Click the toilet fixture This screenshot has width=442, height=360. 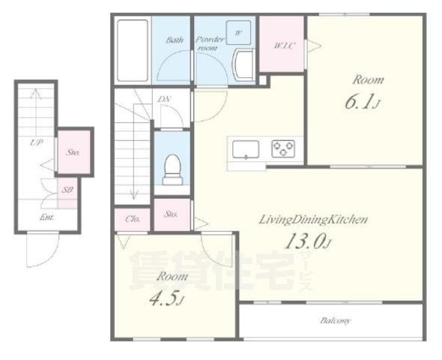click(x=172, y=169)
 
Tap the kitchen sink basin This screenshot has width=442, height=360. click(x=246, y=149)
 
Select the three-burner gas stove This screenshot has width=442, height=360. click(x=283, y=148)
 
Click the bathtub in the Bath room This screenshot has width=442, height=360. click(x=133, y=50)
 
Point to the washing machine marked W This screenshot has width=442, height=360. click(x=238, y=33)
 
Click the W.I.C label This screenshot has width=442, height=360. click(x=285, y=46)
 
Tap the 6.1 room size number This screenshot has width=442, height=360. click(x=362, y=102)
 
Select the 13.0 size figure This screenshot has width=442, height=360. click(x=306, y=241)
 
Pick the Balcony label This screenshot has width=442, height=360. click(x=335, y=321)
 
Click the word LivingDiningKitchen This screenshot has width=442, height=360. click(x=313, y=219)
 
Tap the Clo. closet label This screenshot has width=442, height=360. click(x=132, y=219)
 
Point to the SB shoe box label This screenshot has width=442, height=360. click(x=67, y=190)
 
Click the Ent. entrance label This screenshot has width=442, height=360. click(x=46, y=217)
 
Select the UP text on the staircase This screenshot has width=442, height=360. click(x=37, y=142)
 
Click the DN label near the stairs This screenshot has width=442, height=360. click(x=164, y=99)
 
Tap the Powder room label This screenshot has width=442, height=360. click(x=210, y=43)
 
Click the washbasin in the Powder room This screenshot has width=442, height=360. click(x=243, y=65)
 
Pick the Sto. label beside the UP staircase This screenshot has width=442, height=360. click(x=73, y=152)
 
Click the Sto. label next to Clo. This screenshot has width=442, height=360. click(x=171, y=214)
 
